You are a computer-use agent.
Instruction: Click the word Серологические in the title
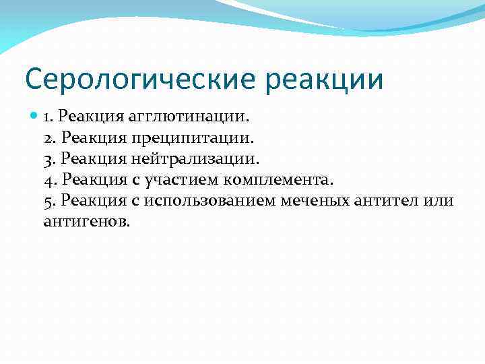pyautogui.click(x=139, y=79)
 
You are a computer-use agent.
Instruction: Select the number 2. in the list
pyautogui.click(x=50, y=138)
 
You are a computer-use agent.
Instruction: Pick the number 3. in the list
pyautogui.click(x=50, y=158)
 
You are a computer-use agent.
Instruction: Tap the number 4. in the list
pyautogui.click(x=50, y=179)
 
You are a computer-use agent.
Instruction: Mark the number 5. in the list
pyautogui.click(x=50, y=200)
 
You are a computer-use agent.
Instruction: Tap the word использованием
pyautogui.click(x=207, y=200)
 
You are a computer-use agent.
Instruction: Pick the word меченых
pyautogui.click(x=322, y=200)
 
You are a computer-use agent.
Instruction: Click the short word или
pyautogui.click(x=441, y=200)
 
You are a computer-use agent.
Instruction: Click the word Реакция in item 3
pyautogui.click(x=90, y=158)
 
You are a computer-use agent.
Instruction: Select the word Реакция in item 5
pyautogui.click(x=90, y=200)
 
